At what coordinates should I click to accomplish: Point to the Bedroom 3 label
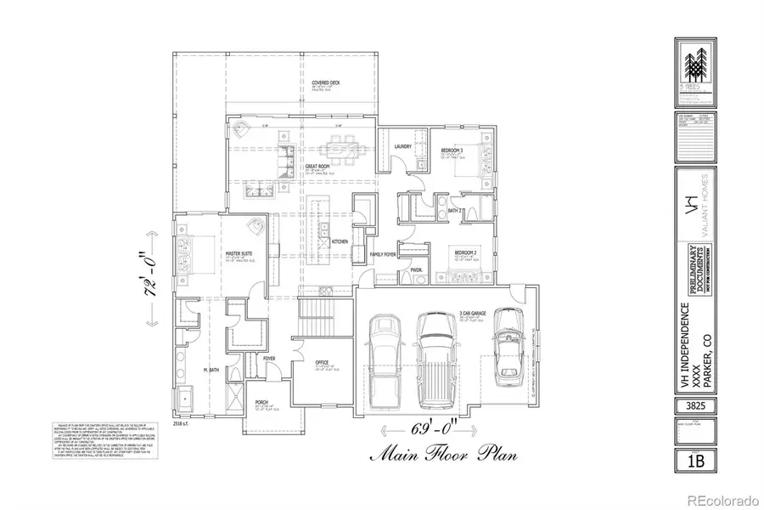click(x=451, y=150)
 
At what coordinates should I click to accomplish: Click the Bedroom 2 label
click(x=463, y=253)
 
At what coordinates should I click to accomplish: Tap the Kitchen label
click(x=340, y=241)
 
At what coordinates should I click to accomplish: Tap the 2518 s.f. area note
click(x=183, y=422)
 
